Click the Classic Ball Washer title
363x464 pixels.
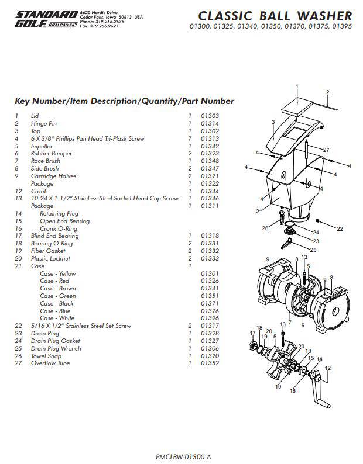[x=275, y=16]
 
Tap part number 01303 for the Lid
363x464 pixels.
[x=210, y=116]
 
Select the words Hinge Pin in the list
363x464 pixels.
[x=43, y=124]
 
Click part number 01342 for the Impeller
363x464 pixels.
[x=210, y=146]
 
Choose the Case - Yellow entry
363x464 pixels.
[x=57, y=273]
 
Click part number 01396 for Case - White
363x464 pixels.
[x=210, y=318]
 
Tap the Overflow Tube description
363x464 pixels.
[x=50, y=363]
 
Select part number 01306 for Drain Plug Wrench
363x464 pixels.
[x=210, y=349]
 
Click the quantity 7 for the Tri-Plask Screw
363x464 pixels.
[x=190, y=139]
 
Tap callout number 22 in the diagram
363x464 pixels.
[x=340, y=228]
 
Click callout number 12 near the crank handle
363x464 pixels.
[x=328, y=368]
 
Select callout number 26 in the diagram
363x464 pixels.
[x=265, y=228]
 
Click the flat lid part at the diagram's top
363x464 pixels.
[x=297, y=106]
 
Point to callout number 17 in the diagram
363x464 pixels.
[x=252, y=333]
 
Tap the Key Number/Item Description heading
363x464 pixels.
[x=124, y=101]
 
